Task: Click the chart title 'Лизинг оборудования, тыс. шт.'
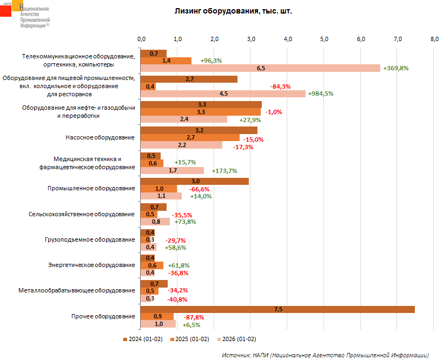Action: [x=233, y=11]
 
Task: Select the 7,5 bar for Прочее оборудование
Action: [x=277, y=309]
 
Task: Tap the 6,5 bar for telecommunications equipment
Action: [x=260, y=68]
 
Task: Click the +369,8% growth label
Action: [x=395, y=68]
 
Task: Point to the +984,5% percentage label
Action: [x=320, y=94]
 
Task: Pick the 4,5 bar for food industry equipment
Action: [x=223, y=94]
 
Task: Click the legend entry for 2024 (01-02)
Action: [x=143, y=339]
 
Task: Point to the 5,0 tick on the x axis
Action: [x=325, y=39]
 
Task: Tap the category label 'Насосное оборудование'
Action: [x=100, y=137]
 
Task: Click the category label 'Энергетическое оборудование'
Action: [x=91, y=265]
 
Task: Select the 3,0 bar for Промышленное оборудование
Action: [x=195, y=181]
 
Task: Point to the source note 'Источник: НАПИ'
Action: [x=325, y=355]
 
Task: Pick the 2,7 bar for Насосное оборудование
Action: [x=190, y=138]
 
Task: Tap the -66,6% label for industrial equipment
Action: [x=200, y=189]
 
